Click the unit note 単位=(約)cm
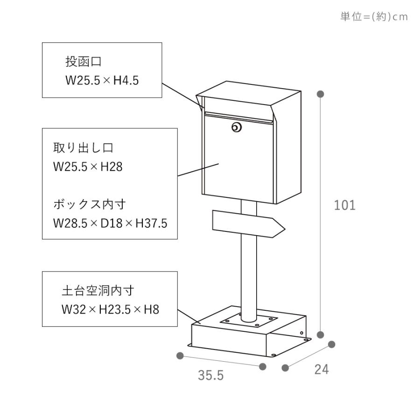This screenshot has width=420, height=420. [374, 17]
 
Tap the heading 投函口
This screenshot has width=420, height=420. [84, 62]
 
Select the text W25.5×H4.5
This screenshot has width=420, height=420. [102, 80]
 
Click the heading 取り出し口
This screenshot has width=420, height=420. [84, 148]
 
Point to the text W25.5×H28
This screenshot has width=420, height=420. [88, 167]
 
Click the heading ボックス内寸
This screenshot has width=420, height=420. [90, 204]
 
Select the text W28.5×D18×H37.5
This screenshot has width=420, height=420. [110, 223]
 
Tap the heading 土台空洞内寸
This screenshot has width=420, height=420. [98, 291]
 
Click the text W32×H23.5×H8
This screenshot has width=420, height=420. [110, 309]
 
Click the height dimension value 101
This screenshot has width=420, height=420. [345, 205]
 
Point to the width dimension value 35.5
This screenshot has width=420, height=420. [211, 375]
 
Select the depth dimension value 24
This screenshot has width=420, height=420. [322, 370]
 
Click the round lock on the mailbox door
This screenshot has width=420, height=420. [237, 127]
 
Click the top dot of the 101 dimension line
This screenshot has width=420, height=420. [320, 94]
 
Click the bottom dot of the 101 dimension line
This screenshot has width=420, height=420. [320, 335]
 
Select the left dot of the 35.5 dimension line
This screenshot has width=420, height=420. [180, 356]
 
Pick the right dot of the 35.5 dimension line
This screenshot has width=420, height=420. [263, 367]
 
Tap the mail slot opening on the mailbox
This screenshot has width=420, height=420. [238, 118]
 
